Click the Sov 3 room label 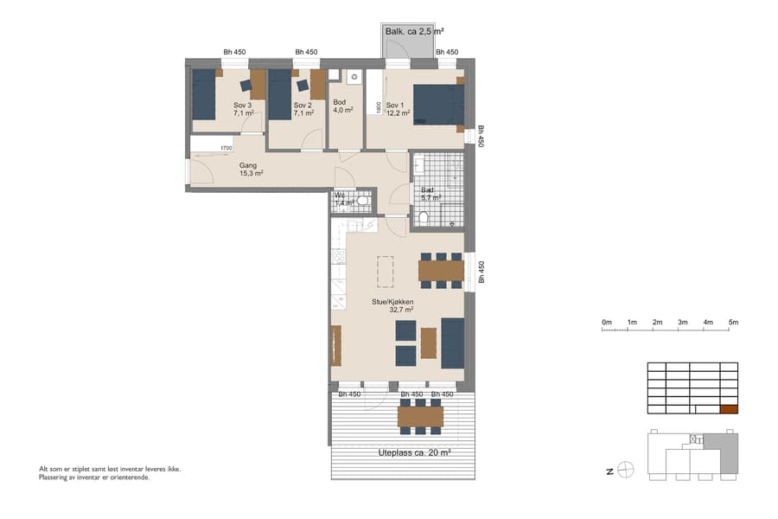(243, 109)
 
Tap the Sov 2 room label (302, 109)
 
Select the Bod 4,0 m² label (342, 106)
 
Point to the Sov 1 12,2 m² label (398, 109)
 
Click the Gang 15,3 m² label (251, 169)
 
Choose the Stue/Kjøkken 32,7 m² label (401, 305)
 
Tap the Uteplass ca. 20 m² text (414, 452)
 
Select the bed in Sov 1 (438, 106)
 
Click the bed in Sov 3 (203, 95)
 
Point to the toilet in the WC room (364, 202)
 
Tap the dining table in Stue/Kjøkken (441, 270)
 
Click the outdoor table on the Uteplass (420, 417)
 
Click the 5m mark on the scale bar (733, 323)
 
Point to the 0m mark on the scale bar (607, 323)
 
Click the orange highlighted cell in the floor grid (729, 411)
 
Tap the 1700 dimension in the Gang (225, 149)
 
